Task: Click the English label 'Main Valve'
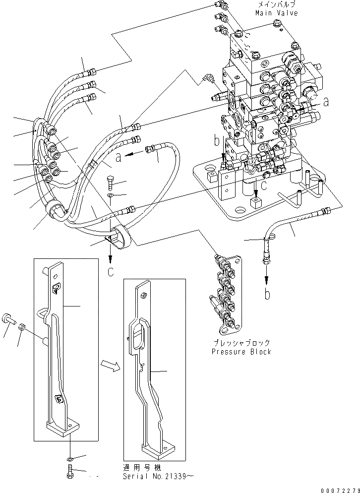coord(277,13)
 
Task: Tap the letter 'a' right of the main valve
coord(325,103)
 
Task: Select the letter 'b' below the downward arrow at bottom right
coord(267,294)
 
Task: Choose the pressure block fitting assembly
coord(226,293)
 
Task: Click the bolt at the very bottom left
coord(68,470)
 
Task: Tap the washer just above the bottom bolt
coord(70,455)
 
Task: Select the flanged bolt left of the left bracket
coord(8,319)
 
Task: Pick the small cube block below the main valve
coord(256,203)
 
